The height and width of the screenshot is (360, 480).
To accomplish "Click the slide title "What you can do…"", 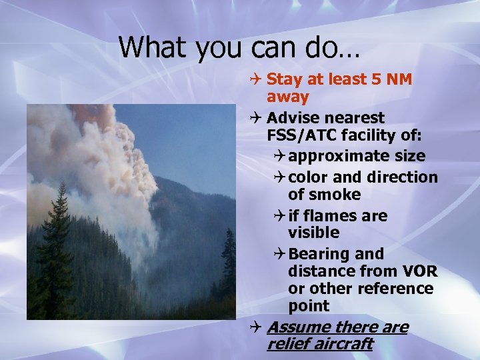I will [239, 47].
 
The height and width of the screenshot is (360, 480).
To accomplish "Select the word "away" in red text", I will [287, 97].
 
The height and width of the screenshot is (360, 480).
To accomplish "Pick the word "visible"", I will [313, 233].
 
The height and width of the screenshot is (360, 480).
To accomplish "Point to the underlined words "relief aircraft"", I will [319, 344].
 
